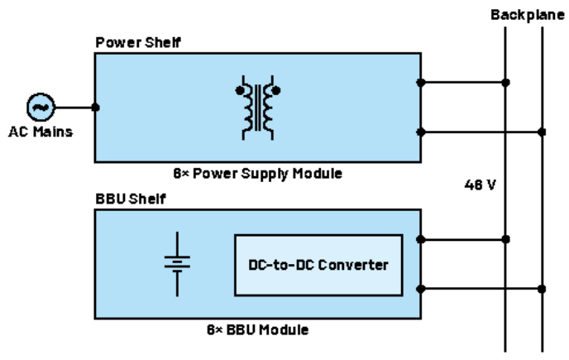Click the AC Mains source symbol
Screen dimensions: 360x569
click(40, 107)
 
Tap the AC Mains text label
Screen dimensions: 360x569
click(40, 132)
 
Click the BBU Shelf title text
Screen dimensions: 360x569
click(127, 199)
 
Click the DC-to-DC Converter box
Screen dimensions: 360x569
click(318, 265)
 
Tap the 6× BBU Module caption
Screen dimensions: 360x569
click(258, 329)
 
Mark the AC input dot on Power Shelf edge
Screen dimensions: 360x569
click(96, 107)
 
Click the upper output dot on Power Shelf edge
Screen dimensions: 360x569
click(421, 82)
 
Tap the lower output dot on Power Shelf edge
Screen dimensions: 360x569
click(421, 132)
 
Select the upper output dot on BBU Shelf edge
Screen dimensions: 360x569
click(421, 239)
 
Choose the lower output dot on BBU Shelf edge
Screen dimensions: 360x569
click(421, 289)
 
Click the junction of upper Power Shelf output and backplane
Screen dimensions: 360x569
click(505, 82)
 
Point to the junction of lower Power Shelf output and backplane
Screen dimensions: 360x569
click(542, 132)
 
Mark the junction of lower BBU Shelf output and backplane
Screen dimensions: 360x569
click(542, 289)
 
